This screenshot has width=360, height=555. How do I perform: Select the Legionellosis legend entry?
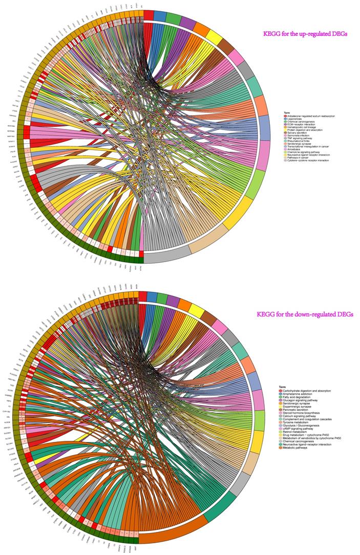[x=297, y=119]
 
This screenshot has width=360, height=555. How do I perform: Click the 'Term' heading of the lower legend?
[x=282, y=387]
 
